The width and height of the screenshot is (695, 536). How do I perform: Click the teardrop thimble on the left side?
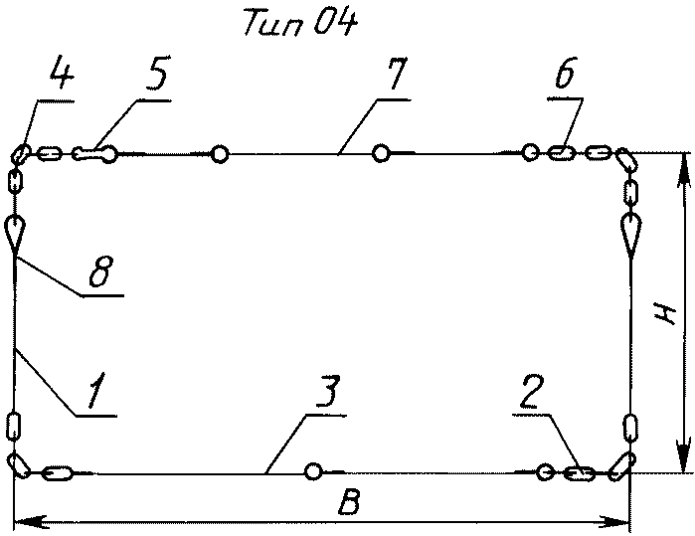[x=16, y=233]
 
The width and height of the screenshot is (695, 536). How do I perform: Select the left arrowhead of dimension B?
[x=24, y=520]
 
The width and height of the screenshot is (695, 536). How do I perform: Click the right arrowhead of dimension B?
[x=621, y=520]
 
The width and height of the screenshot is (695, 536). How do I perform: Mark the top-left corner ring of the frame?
[x=20, y=154]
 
